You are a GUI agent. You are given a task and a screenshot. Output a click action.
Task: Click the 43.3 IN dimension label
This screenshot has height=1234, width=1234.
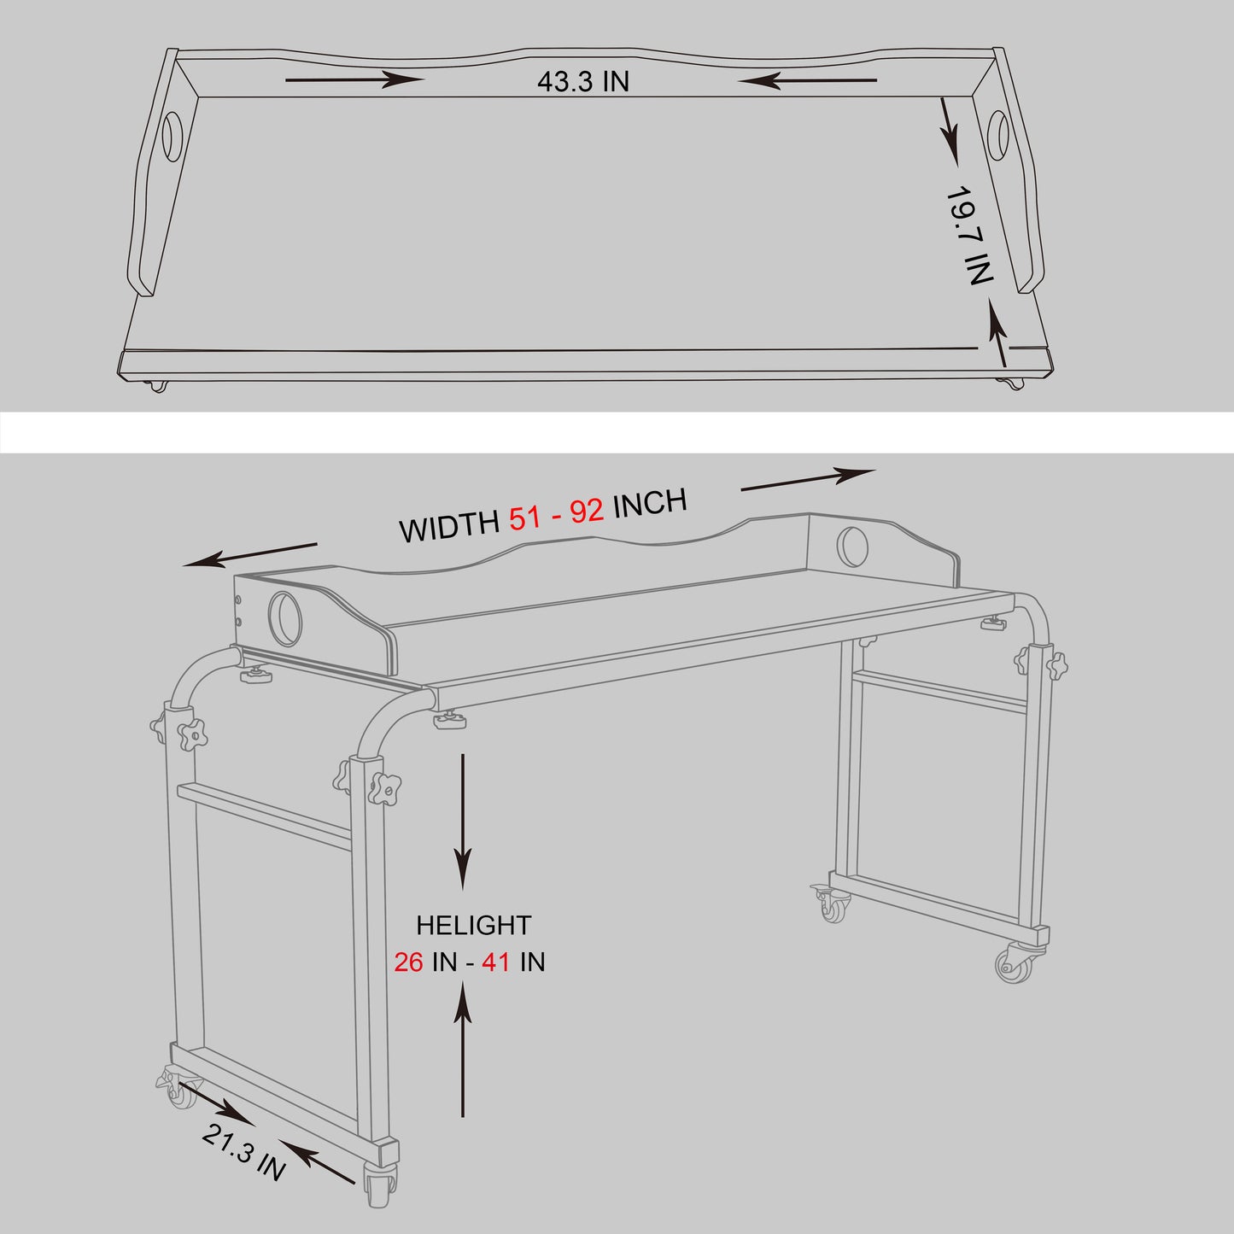582,81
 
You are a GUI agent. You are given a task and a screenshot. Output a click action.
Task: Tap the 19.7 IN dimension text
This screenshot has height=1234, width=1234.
970,235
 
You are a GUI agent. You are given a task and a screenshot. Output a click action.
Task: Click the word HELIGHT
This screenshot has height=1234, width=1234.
474,926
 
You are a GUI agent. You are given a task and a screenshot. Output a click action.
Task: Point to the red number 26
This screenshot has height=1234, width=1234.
408,962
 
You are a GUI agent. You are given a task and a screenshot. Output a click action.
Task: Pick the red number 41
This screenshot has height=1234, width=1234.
495,962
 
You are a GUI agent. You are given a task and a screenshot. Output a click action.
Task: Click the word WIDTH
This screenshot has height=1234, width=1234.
449,527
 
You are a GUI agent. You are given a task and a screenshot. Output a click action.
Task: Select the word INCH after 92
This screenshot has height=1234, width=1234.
650,503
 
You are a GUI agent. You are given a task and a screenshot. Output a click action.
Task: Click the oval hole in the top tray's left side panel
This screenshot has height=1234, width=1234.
173,136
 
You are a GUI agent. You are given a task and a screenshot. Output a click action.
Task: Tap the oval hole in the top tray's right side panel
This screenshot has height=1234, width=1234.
997,136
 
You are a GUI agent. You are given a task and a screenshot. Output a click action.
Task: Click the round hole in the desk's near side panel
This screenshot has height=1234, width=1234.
285,619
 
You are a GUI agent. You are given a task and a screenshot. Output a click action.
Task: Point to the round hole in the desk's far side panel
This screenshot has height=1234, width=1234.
852,547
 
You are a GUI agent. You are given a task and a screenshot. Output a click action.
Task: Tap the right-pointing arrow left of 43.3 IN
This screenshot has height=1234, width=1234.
354,80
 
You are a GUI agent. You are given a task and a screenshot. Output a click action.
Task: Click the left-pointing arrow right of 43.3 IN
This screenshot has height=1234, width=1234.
807,80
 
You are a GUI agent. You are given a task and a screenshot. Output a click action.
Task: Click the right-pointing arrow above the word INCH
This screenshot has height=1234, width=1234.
808,480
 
